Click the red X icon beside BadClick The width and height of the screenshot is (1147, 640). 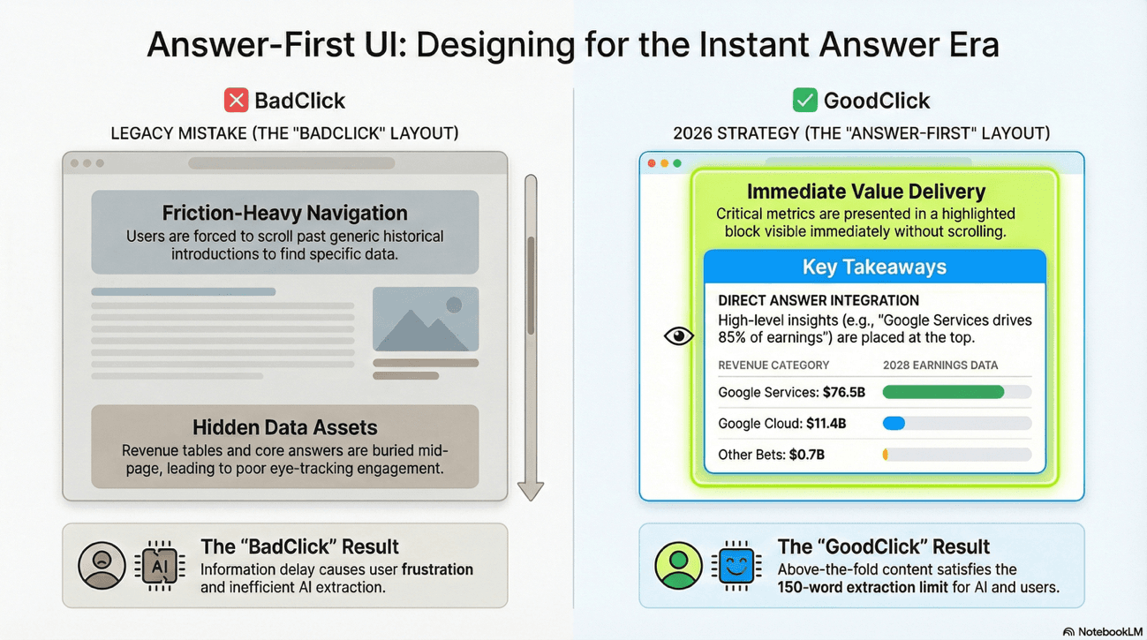pos(236,100)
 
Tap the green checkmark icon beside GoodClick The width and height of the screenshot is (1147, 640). pos(804,100)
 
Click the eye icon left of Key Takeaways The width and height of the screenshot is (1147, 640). pos(678,335)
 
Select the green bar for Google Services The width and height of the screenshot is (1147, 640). pos(944,392)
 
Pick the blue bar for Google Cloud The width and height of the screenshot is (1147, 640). pos(894,424)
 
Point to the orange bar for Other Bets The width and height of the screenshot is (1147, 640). pos(886,455)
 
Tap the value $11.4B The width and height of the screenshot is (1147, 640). pos(826,424)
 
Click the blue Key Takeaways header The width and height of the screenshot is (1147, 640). pos(874,267)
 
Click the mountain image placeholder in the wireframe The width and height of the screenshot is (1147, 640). pos(426,319)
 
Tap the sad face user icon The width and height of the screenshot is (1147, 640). pos(102,565)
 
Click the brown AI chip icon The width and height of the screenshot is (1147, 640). pos(159,565)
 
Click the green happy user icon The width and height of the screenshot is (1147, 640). pos(678,565)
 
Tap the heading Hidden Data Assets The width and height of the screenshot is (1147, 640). pos(284,427)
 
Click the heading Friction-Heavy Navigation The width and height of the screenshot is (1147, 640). pos(284,213)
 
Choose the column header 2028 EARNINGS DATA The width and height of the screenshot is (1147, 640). pos(940,365)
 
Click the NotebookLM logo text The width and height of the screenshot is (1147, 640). pos(1107,631)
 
